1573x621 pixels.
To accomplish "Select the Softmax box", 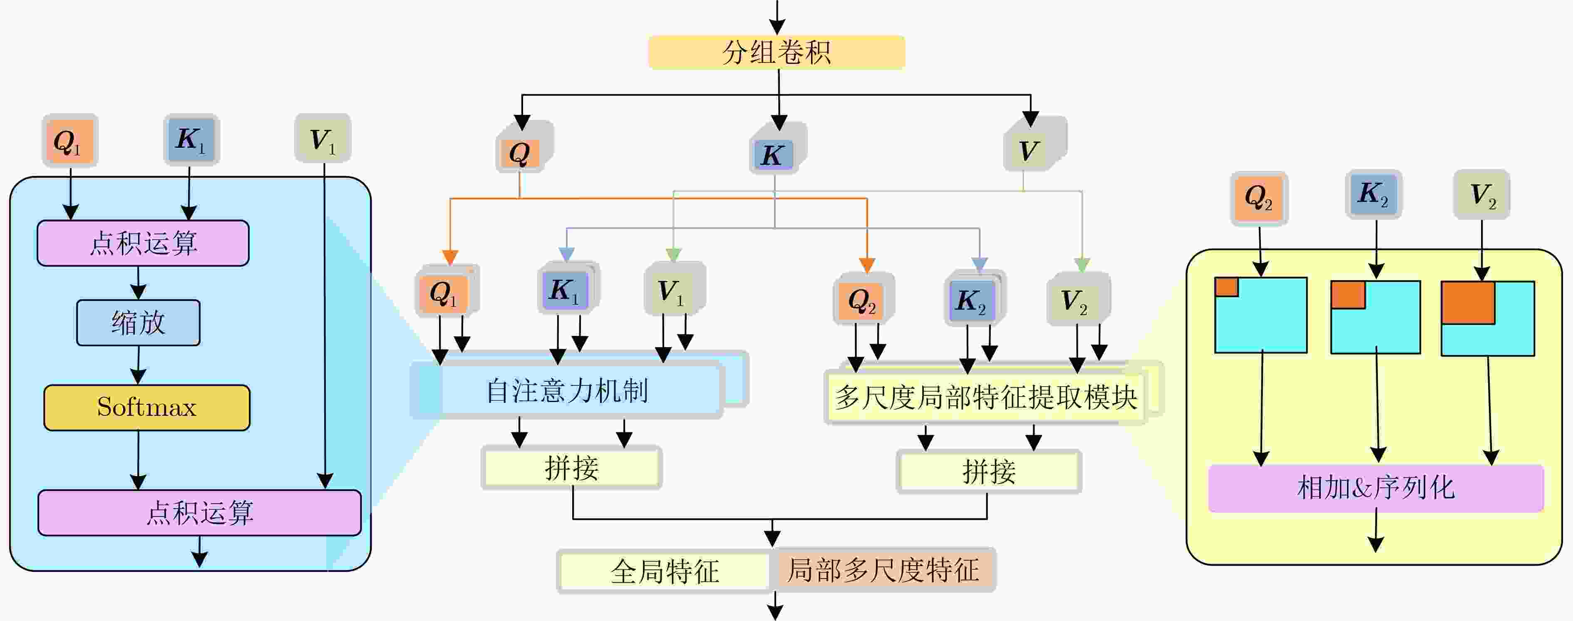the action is (x=146, y=407).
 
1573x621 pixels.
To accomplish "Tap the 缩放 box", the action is (x=138, y=323).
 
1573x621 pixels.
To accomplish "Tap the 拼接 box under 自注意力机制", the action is (x=571, y=468).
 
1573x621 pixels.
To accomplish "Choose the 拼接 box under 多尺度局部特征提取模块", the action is (x=989, y=472).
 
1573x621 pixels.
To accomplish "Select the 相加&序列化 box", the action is (x=1376, y=488).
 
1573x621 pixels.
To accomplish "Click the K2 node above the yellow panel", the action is (x=1373, y=194).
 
